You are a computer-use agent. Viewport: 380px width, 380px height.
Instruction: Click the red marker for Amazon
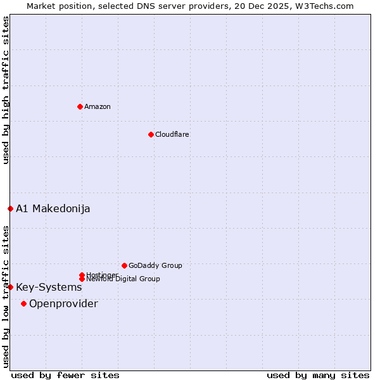coord(80,106)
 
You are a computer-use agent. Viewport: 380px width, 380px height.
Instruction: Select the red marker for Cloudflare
coord(151,134)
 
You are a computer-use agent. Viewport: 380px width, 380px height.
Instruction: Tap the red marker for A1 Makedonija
coord(10,208)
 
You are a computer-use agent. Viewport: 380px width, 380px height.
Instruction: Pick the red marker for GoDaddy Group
coord(124,265)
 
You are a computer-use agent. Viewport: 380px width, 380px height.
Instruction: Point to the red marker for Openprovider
coord(24,303)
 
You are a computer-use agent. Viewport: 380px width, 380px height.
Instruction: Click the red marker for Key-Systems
coord(10,287)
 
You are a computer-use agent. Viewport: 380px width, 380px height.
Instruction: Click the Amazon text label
coord(97,106)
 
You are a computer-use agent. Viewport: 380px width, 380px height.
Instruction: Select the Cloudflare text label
coord(172,134)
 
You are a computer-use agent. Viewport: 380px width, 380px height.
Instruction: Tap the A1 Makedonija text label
coord(53,208)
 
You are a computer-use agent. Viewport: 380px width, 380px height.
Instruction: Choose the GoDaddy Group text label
coord(155,265)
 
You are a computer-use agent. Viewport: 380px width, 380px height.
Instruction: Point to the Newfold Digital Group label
coord(123,279)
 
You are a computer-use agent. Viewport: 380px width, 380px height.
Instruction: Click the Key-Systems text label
coord(49,287)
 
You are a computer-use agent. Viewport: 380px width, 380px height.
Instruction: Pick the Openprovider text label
coord(63,303)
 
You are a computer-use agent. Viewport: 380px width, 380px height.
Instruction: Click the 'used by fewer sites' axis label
coord(65,375)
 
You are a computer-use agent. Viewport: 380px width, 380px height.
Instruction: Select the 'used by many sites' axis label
coord(318,375)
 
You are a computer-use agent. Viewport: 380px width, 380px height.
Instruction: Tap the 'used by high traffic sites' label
coord(6,90)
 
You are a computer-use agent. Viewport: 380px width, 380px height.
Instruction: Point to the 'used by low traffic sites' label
coord(6,296)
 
